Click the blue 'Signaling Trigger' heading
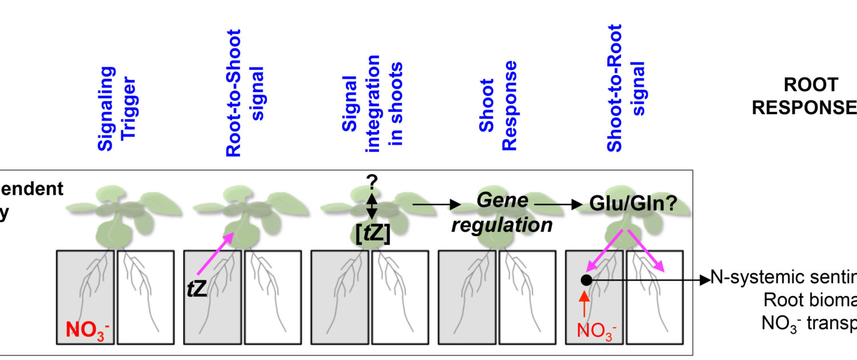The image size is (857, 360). point(118,109)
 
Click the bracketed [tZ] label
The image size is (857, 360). point(372,235)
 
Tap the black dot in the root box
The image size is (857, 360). point(586,280)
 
